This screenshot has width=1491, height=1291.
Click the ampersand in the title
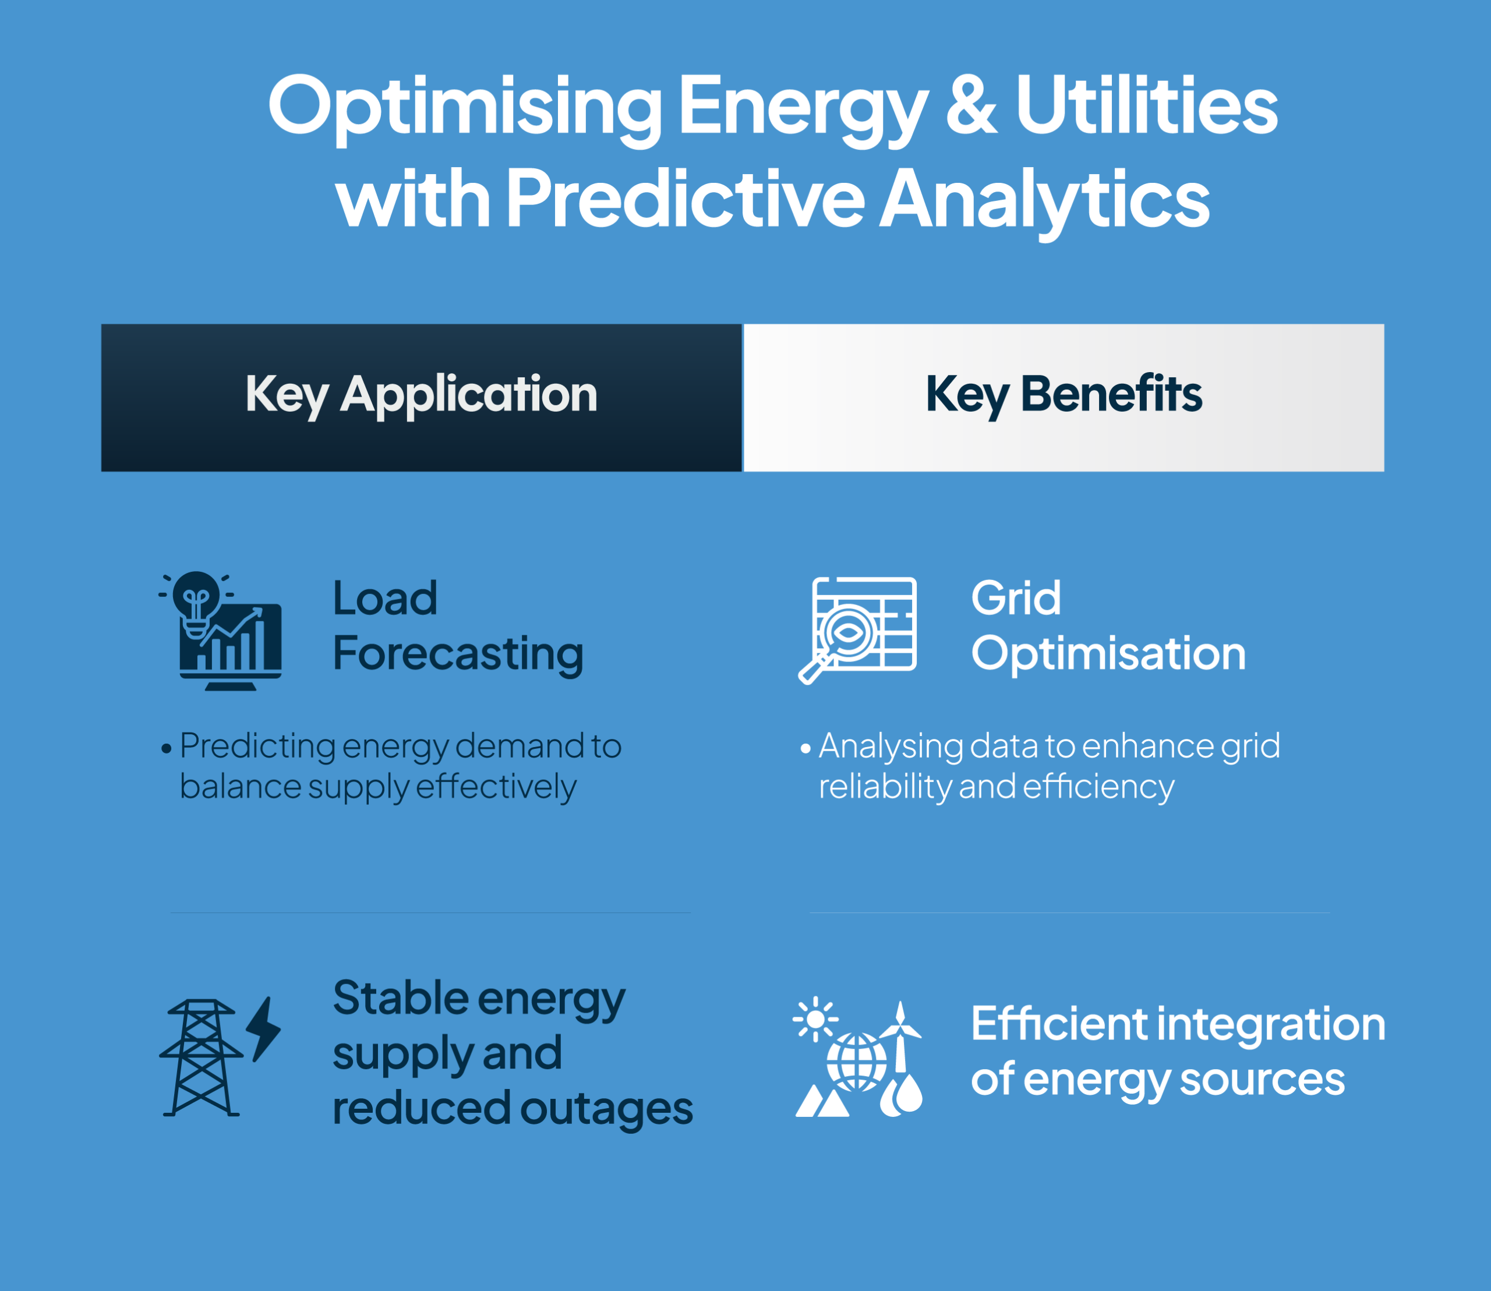pos(971,105)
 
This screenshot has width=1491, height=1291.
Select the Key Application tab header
pos(422,398)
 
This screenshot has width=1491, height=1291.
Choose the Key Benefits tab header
pos(1064,398)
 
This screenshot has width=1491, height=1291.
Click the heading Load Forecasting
pos(458,626)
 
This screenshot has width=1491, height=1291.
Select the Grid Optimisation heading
pos(1108,626)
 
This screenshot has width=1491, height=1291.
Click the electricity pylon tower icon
pos(201,1057)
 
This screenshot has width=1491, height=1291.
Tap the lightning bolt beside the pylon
pos(263,1029)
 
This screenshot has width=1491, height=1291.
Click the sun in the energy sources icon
pos(815,1018)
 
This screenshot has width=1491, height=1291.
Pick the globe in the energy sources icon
pos(856,1063)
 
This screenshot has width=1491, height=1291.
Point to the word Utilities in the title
pos(1147,105)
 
